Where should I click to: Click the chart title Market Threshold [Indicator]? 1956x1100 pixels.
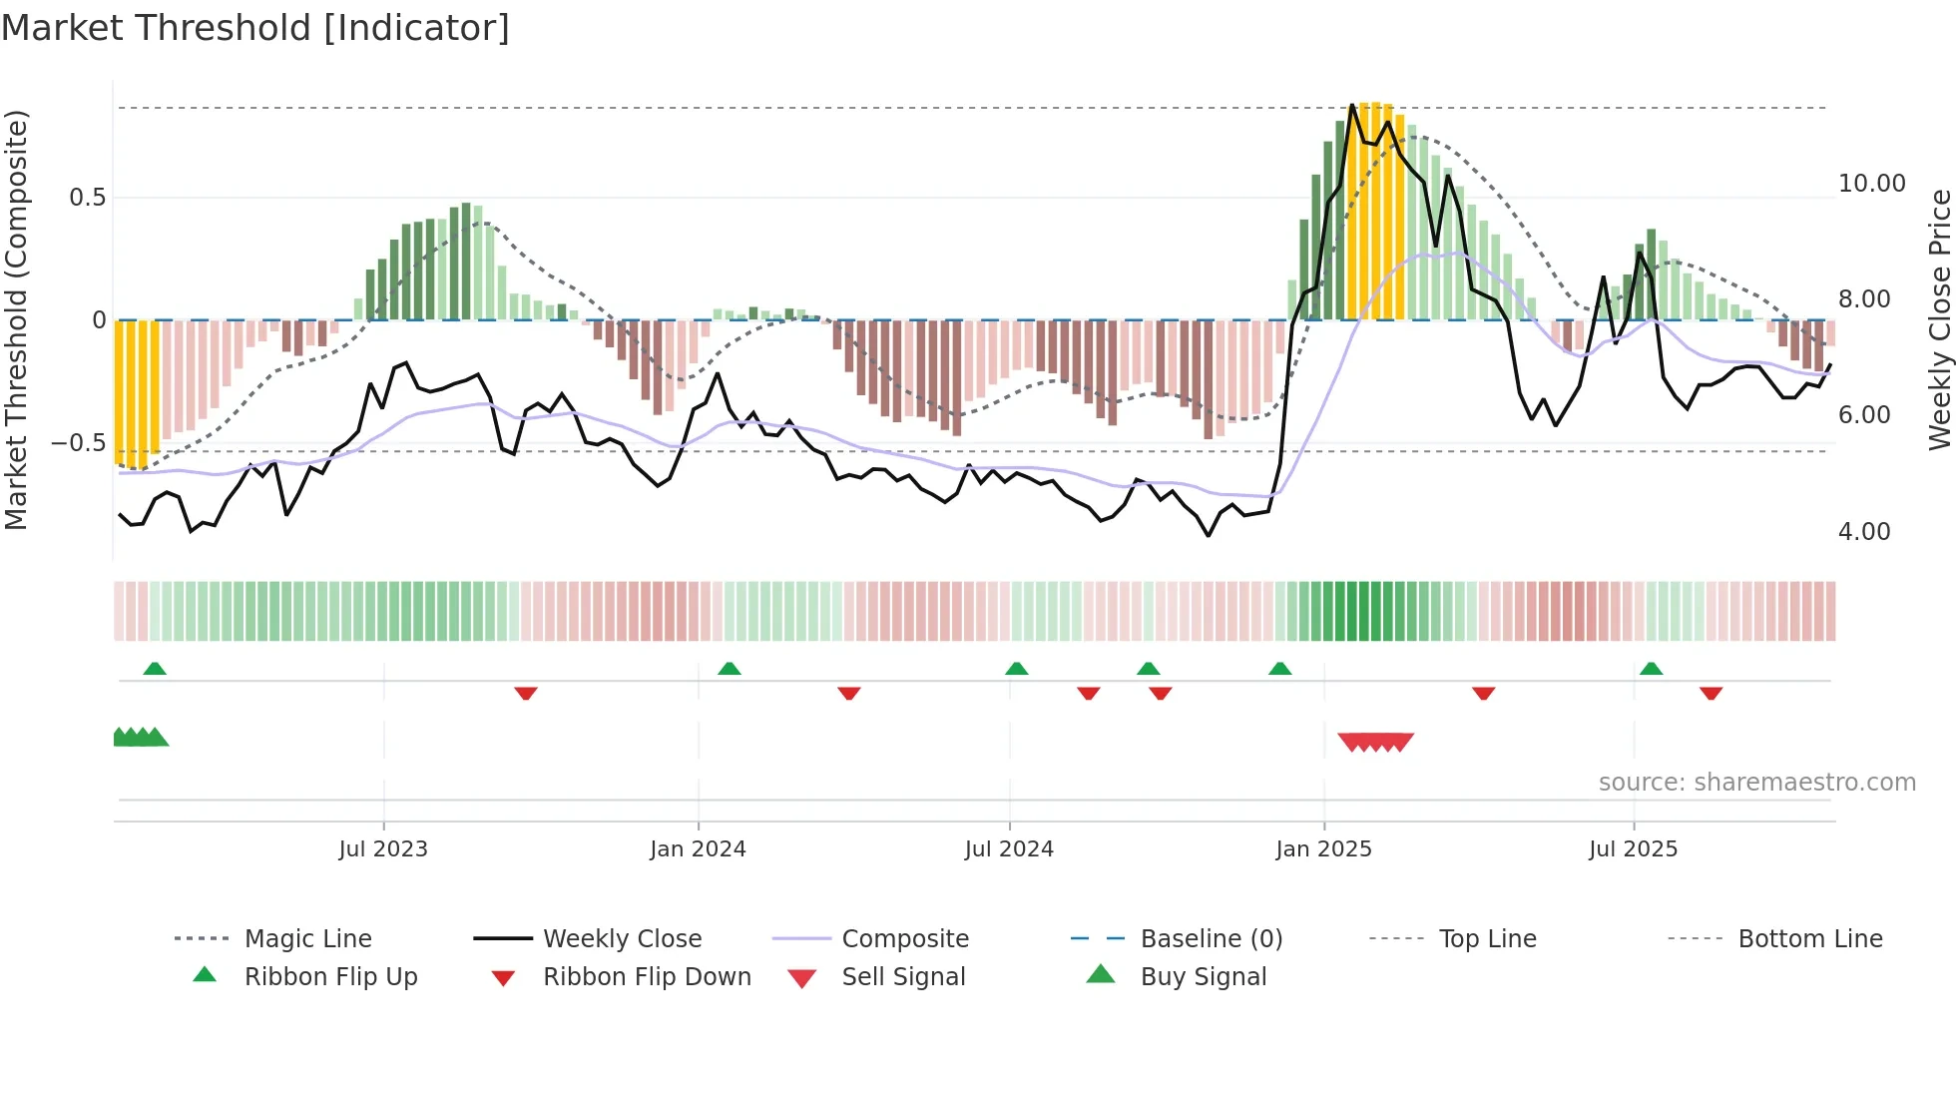pyautogui.click(x=255, y=28)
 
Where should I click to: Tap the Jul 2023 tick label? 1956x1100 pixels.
pyautogui.click(x=383, y=849)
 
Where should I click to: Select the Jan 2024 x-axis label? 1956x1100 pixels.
pyautogui.click(x=698, y=849)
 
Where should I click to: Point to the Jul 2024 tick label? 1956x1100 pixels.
pyautogui.click(x=1009, y=849)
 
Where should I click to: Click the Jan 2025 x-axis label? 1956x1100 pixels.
pyautogui.click(x=1323, y=849)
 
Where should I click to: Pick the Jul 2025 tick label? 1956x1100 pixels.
pyautogui.click(x=1633, y=849)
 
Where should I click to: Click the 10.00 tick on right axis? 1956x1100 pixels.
pyautogui.click(x=1871, y=184)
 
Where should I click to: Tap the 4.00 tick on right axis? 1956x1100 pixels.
pyautogui.click(x=1864, y=532)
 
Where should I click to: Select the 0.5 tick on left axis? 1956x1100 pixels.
pyautogui.click(x=88, y=198)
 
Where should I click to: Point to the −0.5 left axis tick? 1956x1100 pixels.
pyautogui.click(x=79, y=443)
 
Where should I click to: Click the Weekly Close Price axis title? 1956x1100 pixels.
pyautogui.click(x=1939, y=319)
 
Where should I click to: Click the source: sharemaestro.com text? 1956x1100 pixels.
pyautogui.click(x=1756, y=783)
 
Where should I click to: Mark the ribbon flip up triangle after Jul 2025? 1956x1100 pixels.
pyautogui.click(x=1651, y=669)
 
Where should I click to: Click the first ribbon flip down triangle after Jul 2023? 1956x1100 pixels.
pyautogui.click(x=526, y=693)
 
